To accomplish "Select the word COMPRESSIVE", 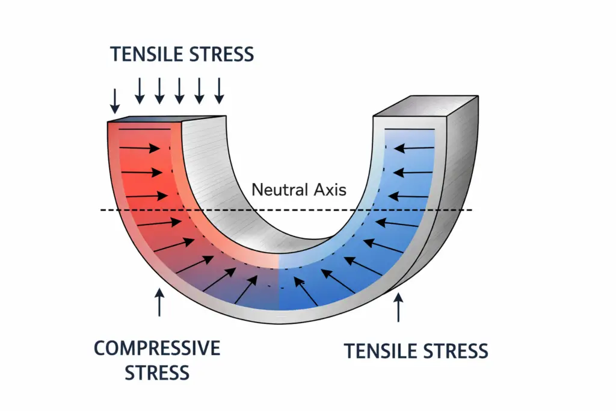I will coord(157,348).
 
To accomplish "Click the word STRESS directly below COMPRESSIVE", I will coord(157,372).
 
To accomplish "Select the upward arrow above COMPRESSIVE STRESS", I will coord(159,302).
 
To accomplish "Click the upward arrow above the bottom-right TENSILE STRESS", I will coord(396,307).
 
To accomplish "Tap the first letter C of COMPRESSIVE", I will coord(100,348).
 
